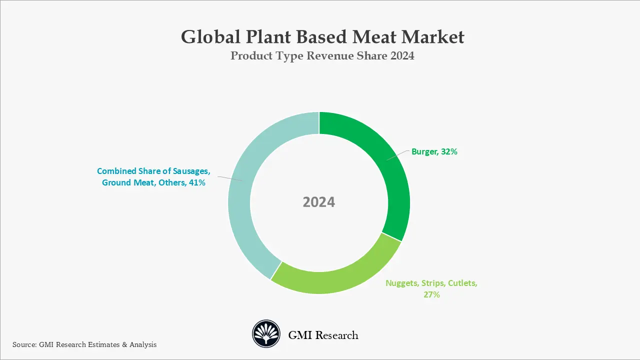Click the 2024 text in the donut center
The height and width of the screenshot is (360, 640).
(319, 202)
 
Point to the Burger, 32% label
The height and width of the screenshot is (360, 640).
(434, 151)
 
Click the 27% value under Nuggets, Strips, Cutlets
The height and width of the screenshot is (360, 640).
(431, 295)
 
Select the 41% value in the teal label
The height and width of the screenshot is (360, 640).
(196, 183)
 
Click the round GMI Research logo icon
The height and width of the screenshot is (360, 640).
(266, 334)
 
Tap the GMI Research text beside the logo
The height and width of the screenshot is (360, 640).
(323, 335)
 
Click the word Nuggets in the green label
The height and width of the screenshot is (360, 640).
(401, 283)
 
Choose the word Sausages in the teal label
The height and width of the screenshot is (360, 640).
(192, 171)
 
